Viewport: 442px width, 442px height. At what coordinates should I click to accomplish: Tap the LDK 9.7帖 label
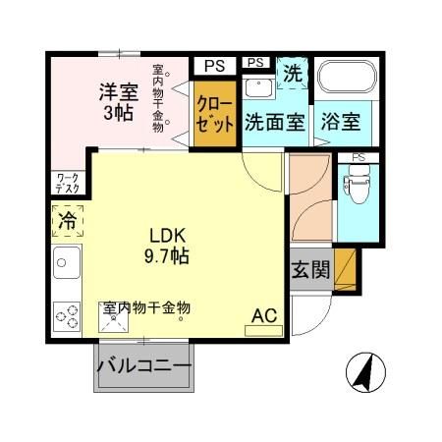tap(169, 246)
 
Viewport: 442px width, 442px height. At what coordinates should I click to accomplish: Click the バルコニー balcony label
tap(143, 370)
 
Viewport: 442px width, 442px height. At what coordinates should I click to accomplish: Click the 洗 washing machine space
tap(293, 73)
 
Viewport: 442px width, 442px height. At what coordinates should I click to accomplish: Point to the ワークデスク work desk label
tap(67, 183)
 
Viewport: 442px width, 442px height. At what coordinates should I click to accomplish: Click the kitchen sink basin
tap(68, 263)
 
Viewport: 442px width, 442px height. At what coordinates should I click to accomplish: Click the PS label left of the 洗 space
tap(256, 63)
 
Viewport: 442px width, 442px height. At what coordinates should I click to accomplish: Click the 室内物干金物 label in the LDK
tap(146, 307)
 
